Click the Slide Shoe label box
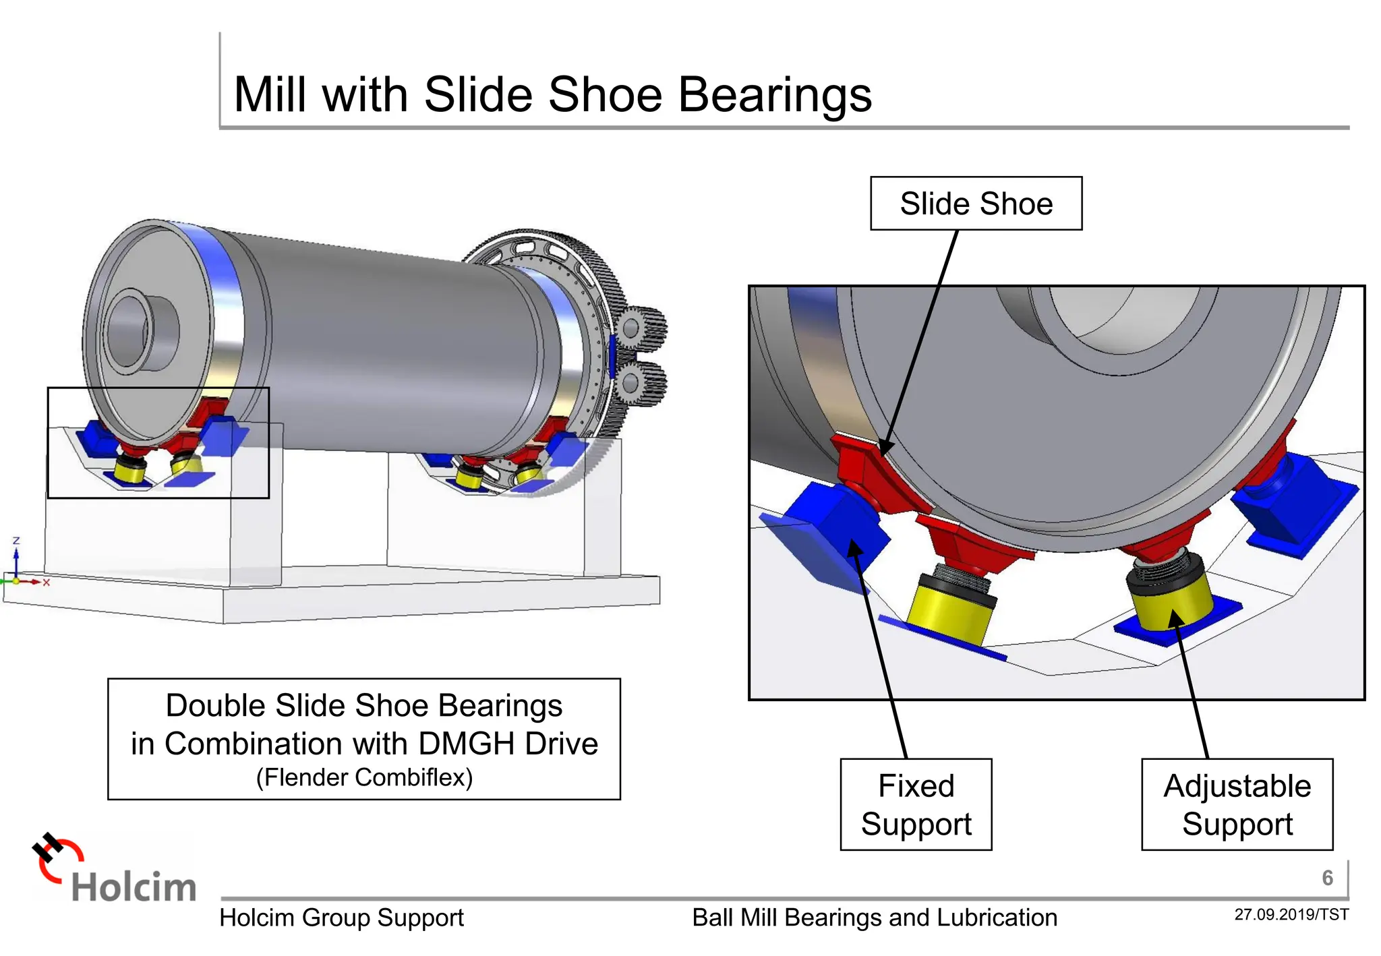click(976, 204)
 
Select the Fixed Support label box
click(916, 804)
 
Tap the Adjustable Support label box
click(1237, 804)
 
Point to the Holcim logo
click(115, 870)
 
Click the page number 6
click(1327, 878)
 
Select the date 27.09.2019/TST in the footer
click(1291, 915)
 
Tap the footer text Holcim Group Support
click(341, 918)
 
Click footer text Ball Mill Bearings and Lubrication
click(874, 918)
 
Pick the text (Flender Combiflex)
click(364, 777)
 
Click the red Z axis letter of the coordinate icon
click(16, 541)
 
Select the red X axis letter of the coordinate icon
click(47, 582)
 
